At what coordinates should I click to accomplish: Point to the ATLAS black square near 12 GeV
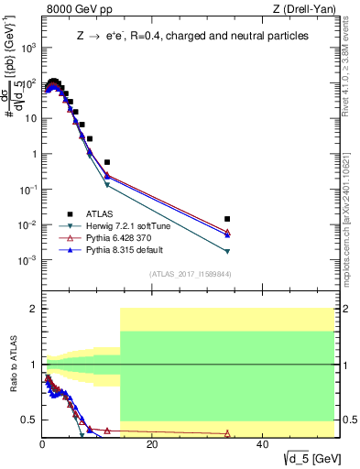107,162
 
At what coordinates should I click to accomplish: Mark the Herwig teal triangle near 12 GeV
107,185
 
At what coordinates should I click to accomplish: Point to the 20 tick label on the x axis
152,443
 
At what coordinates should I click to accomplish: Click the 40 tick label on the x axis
262,443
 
